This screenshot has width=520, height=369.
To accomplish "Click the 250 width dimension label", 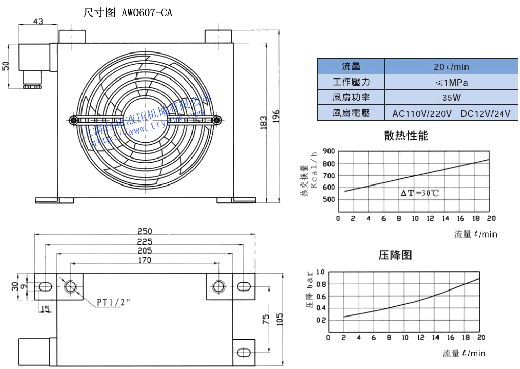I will pos(145,231).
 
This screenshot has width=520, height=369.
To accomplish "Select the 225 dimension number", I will pos(145,241).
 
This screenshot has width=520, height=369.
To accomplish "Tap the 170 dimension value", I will pos(145,260).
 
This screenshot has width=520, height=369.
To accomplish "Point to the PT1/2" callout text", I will pos(114,302).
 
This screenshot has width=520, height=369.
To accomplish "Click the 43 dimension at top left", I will pos(38,21).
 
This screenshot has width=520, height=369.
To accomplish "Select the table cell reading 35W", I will pos(451,97).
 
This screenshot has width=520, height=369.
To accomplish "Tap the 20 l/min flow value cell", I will pos(451,67).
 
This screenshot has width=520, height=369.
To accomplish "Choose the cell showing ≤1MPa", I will pos(451,82).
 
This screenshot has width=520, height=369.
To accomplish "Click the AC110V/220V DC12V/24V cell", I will pos(451,113).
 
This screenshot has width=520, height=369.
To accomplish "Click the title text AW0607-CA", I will pos(147,13).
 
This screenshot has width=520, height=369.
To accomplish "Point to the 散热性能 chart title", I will pos(406,136).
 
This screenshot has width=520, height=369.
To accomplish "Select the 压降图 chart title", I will pos(395,255).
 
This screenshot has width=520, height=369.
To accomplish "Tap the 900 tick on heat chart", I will pos(329,151).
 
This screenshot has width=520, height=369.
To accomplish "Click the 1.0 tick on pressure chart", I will pos(320,272).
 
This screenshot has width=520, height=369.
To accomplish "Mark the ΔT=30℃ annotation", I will pos(420,193).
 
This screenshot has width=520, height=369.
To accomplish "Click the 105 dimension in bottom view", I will pos(279,319).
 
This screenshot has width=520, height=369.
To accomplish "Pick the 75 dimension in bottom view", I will pos(265,320).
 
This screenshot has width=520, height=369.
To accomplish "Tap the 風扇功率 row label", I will pos(351,97).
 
